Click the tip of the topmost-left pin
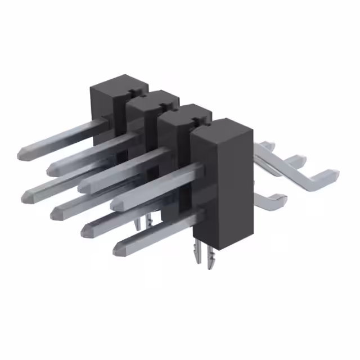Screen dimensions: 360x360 [x=22, y=152]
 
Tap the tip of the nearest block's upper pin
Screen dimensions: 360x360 [x=115, y=204]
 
